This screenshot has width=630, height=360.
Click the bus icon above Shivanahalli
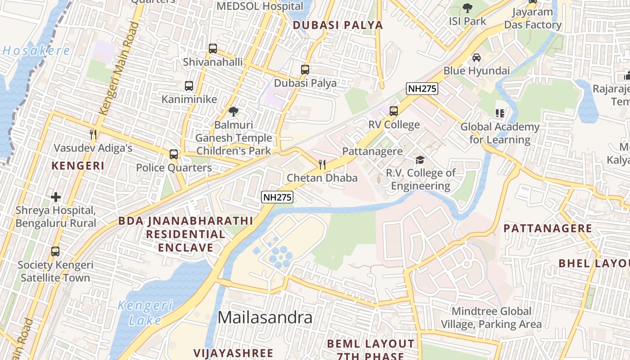coord(213,48)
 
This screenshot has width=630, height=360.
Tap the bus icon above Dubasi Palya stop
coord(305,70)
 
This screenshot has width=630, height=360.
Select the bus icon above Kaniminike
coord(189,85)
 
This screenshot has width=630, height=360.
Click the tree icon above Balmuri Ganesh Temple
coord(233,111)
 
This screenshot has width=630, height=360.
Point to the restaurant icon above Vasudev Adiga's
coord(93,134)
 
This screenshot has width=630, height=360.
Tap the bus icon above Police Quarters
coord(174,154)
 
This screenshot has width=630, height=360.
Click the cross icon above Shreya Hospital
coord(56,197)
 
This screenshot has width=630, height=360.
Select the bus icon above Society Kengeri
coord(55,252)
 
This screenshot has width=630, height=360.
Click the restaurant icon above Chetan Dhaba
coord(322,164)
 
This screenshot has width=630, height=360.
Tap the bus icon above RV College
coord(394,111)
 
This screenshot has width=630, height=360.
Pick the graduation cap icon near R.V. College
coord(420,159)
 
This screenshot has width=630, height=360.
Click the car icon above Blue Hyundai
coord(476,58)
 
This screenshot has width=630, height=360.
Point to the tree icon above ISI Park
coord(468,8)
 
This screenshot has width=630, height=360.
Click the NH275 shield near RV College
coord(422,89)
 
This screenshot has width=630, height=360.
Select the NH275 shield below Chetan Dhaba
coord(278,197)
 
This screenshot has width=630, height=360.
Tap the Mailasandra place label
coord(265,318)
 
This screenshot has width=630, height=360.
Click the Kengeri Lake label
coord(145,313)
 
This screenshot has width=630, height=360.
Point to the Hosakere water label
coord(36,50)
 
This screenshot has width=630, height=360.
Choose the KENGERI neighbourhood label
coord(78,166)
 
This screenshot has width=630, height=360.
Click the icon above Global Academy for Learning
coord(499,113)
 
